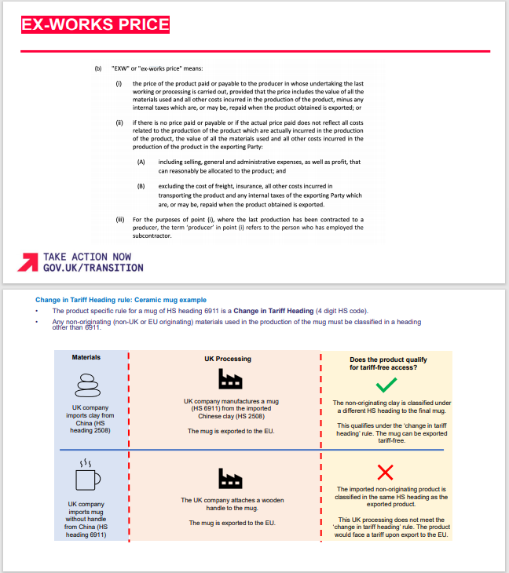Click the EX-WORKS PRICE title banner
(95, 24)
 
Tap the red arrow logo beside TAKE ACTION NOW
(28, 262)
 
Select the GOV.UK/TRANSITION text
(93, 268)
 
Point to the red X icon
(385, 471)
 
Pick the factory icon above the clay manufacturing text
(229, 381)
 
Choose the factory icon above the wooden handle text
(229, 477)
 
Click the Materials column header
(86, 357)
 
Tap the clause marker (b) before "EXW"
(98, 69)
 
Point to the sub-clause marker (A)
(141, 162)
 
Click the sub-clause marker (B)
(141, 186)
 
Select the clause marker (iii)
(119, 219)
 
